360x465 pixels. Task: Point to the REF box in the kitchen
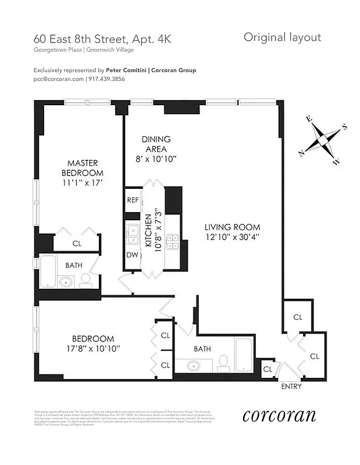point(132,199)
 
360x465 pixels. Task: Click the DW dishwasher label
point(131,254)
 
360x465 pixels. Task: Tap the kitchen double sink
point(131,233)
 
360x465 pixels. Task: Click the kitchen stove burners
point(173,241)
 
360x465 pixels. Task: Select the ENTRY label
point(291,387)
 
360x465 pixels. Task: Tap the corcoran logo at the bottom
point(279,416)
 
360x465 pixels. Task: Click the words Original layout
point(282,38)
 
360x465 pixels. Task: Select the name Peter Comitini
point(123,70)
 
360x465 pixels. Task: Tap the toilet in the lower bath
point(222,364)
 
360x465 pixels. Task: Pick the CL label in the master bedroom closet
point(77,244)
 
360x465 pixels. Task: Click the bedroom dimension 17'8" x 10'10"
point(93,348)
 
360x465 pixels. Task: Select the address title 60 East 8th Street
point(77,40)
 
